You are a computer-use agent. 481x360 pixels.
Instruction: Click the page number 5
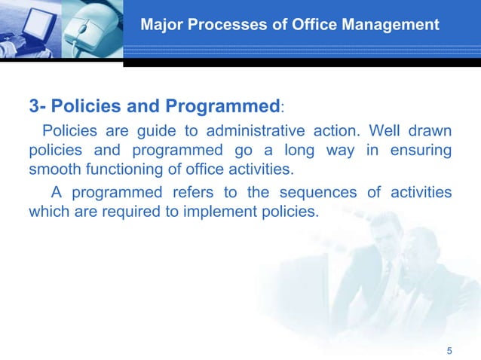[x=449, y=350]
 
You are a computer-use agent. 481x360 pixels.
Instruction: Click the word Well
[x=401, y=130]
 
